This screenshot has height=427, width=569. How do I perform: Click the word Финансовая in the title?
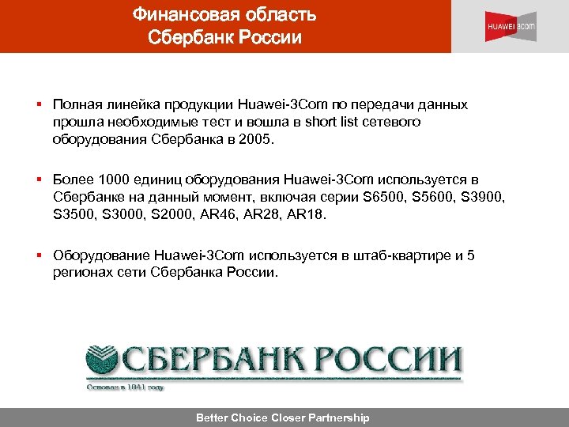[x=178, y=14]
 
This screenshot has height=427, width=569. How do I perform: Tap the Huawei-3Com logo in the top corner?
[x=510, y=26]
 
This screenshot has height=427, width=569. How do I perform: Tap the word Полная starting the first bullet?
[x=75, y=105]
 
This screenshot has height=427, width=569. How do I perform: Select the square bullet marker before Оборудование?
[x=38, y=255]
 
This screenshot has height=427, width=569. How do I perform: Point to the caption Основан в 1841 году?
[x=126, y=387]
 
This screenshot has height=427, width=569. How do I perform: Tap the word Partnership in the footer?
[x=331, y=418]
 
